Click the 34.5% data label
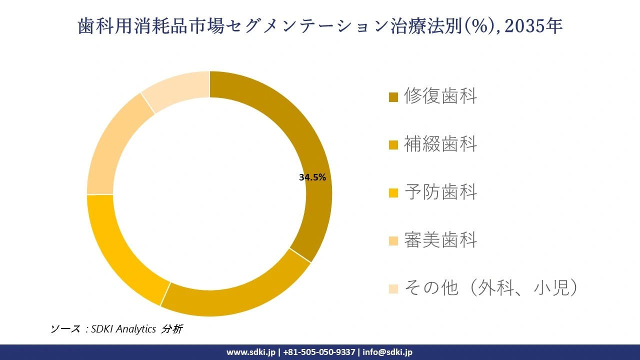click(312, 177)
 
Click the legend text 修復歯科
click(440, 96)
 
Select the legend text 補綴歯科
click(440, 144)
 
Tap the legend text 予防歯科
click(440, 192)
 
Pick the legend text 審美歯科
click(440, 240)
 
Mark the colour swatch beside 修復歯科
click(393, 97)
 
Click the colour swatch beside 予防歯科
click(393, 193)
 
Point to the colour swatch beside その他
click(393, 289)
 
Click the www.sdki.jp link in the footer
click(251, 352)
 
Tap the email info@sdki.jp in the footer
click(387, 352)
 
